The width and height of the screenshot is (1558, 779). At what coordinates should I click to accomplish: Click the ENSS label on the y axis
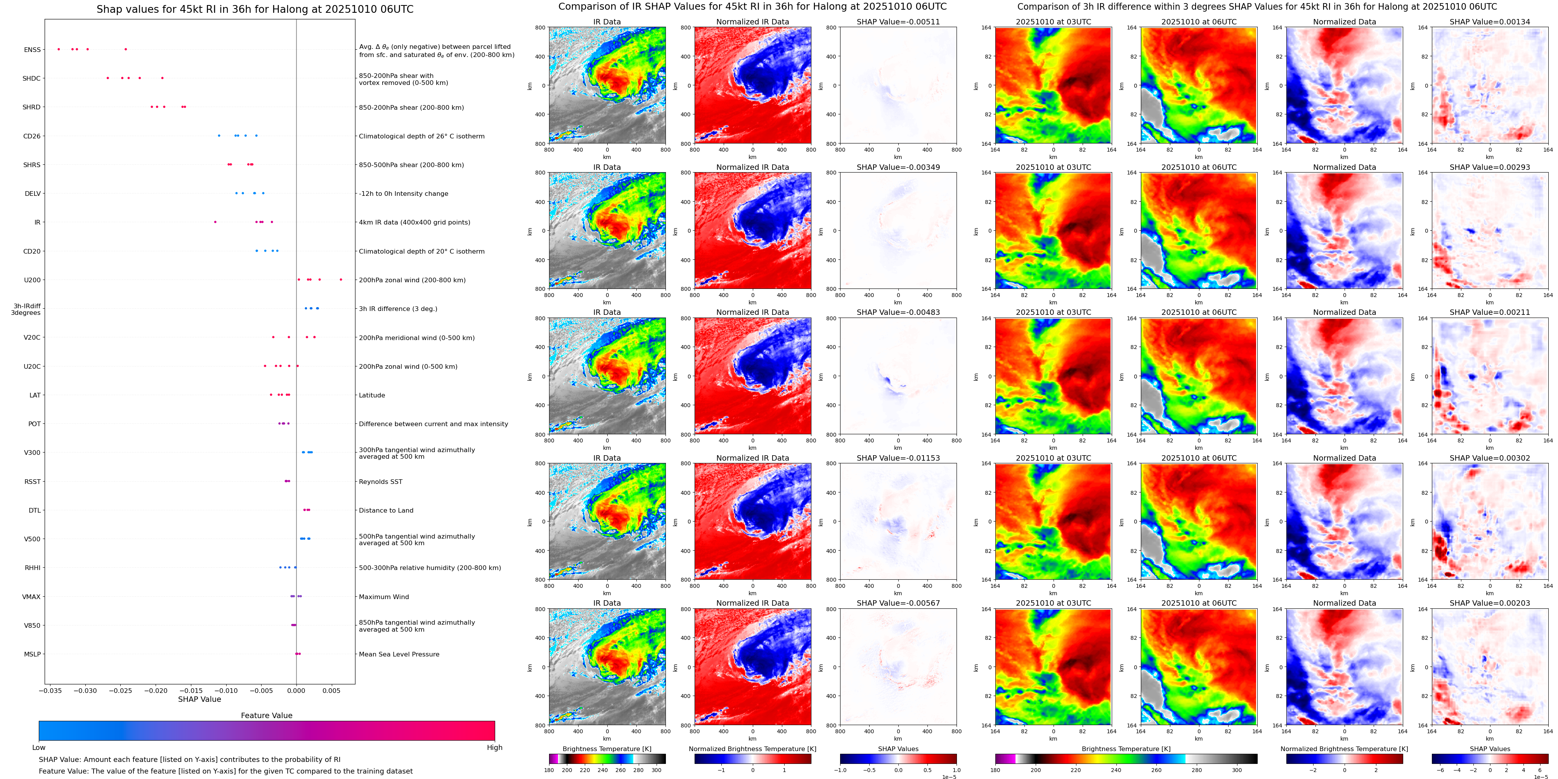(x=32, y=50)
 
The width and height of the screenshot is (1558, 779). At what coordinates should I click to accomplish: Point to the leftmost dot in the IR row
(x=215, y=222)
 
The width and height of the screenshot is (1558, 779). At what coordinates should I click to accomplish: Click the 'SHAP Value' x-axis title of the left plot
(x=199, y=699)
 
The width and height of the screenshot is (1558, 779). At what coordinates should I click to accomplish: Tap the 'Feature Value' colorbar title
(x=266, y=715)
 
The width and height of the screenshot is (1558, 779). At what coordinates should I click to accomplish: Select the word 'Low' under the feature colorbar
(x=39, y=748)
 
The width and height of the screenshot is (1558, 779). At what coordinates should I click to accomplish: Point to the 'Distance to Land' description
(x=386, y=510)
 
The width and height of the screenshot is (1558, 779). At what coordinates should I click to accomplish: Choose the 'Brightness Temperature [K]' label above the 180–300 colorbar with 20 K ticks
(x=607, y=749)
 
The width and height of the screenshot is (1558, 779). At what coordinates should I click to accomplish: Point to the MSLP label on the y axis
(x=32, y=654)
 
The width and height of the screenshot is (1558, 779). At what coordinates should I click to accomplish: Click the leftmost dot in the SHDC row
(x=107, y=78)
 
